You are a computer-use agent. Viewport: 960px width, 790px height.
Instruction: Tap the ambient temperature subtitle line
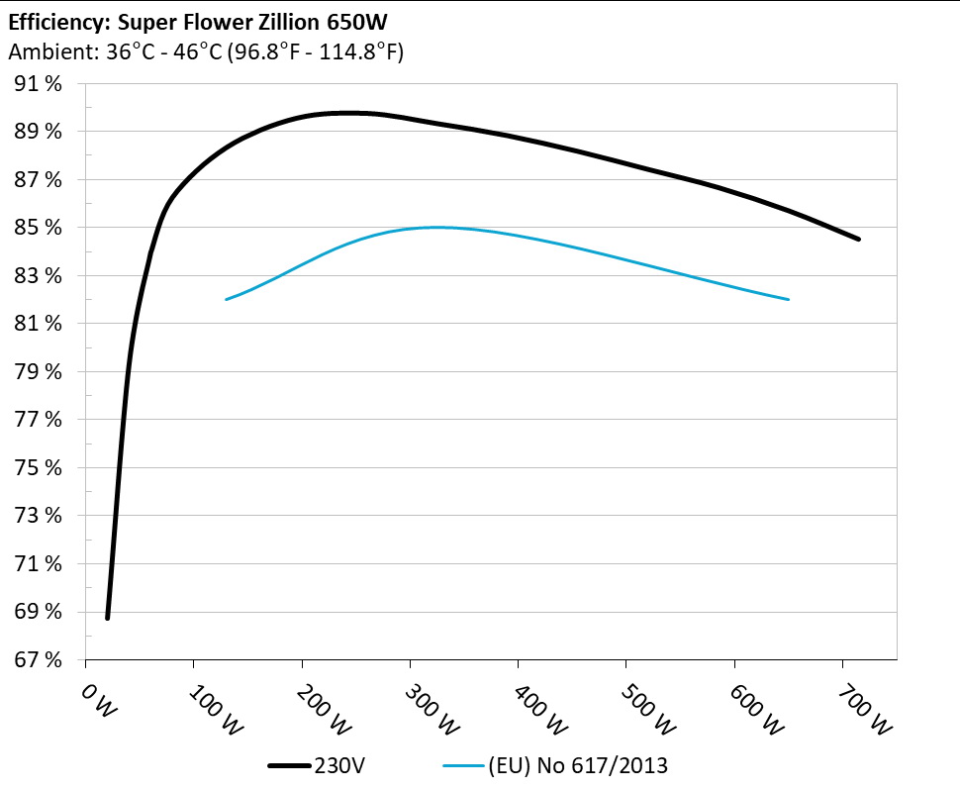click(x=205, y=52)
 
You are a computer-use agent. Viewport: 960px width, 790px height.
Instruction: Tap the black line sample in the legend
click(x=289, y=765)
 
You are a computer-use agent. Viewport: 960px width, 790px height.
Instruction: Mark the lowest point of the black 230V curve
click(x=107, y=618)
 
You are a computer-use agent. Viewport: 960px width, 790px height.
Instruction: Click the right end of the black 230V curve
click(x=858, y=240)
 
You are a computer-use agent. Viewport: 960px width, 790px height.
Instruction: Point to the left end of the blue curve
click(x=227, y=299)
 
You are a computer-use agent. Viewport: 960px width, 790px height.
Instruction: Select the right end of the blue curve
click(x=788, y=299)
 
